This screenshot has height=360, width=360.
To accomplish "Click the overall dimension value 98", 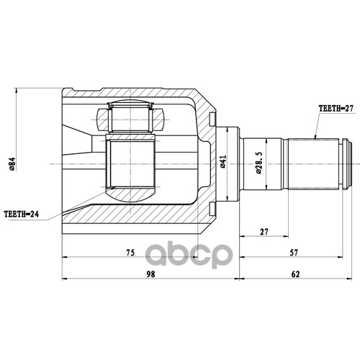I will click(150, 274).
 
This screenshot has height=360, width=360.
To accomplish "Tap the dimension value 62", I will click(297, 274).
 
